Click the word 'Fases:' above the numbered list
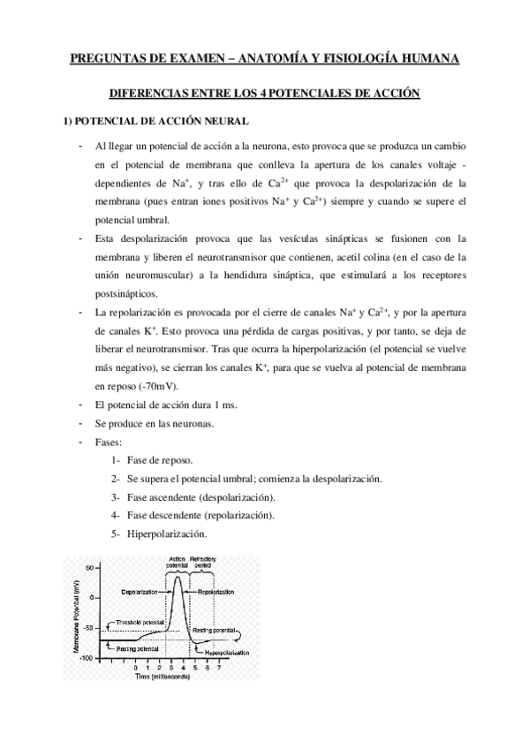click(110, 442)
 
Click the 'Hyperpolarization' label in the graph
click(227, 652)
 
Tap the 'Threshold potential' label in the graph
click(140, 622)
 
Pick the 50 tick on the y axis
click(90, 567)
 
